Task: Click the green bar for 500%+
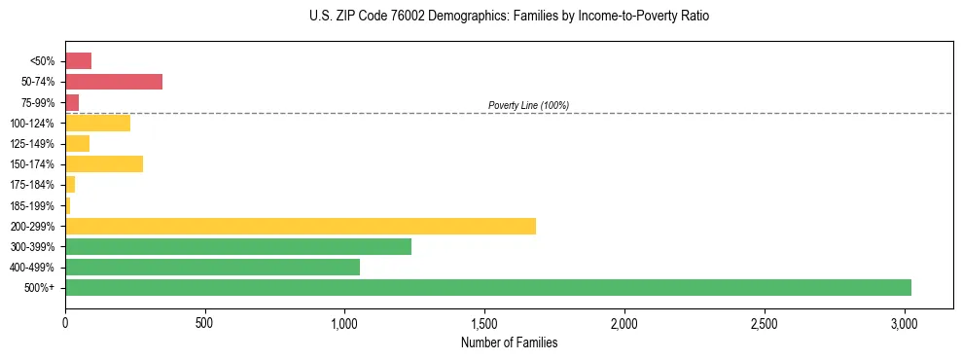point(487,288)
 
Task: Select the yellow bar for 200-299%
point(300,226)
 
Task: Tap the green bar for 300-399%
point(237,247)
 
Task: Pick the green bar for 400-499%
point(212,268)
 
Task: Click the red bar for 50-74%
point(113,82)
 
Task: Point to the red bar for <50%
point(78,61)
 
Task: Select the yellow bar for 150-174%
point(103,164)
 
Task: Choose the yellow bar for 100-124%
point(97,124)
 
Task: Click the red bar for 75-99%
point(72,102)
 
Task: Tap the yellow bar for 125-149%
point(77,144)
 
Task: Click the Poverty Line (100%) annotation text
point(528,105)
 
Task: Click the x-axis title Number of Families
point(509,342)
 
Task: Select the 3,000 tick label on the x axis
point(905,322)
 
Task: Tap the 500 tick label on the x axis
point(204,322)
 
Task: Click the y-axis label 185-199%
point(32,205)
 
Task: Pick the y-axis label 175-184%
point(32,185)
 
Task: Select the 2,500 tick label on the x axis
point(765,322)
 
